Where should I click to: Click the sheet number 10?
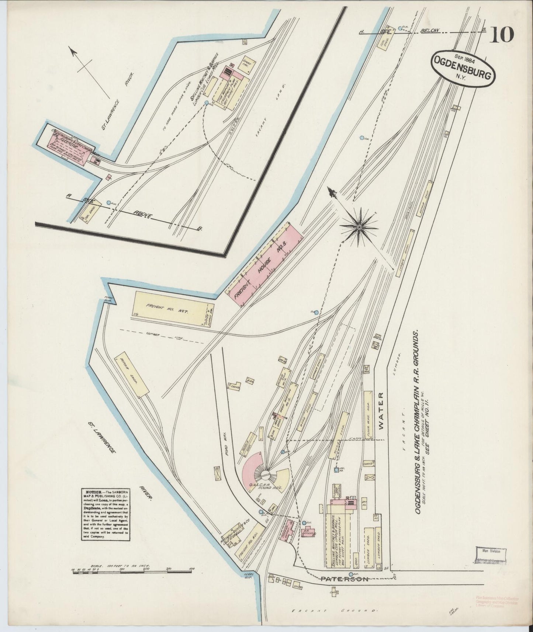coord(502,35)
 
